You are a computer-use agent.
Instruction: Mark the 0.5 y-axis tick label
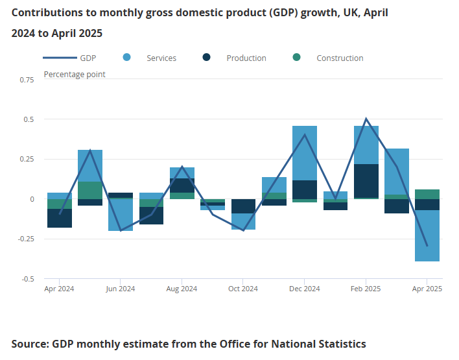[x=29, y=119]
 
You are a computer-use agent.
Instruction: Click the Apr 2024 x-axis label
[x=60, y=289]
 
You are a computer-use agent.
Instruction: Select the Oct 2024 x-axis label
[x=243, y=289]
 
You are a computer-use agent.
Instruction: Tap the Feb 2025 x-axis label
[x=366, y=289]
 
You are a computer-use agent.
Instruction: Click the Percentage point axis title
[x=75, y=74]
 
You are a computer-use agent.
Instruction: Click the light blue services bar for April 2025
[x=427, y=235]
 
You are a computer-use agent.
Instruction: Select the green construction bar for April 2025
[x=427, y=194]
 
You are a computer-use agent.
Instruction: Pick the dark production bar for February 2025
[x=366, y=181]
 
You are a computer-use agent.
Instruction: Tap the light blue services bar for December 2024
[x=305, y=153]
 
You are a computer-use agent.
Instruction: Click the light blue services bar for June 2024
[x=121, y=215]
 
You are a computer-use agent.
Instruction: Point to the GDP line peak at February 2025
[x=366, y=119]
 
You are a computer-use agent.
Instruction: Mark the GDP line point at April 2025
[x=427, y=246]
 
